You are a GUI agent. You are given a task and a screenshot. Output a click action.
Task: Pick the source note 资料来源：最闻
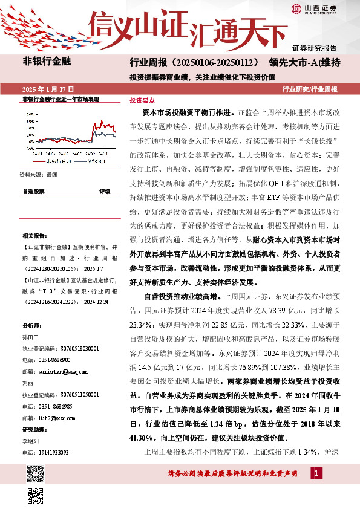(x=39, y=174)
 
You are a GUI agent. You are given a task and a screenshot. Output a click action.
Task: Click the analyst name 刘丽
(x=27, y=384)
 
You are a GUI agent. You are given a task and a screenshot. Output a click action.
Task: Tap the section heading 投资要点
(x=142, y=101)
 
